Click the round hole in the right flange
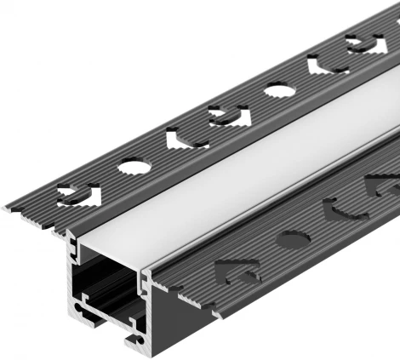[291, 238]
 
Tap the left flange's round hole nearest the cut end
[134, 167]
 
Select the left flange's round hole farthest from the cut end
[279, 89]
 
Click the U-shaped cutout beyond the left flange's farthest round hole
[327, 64]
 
